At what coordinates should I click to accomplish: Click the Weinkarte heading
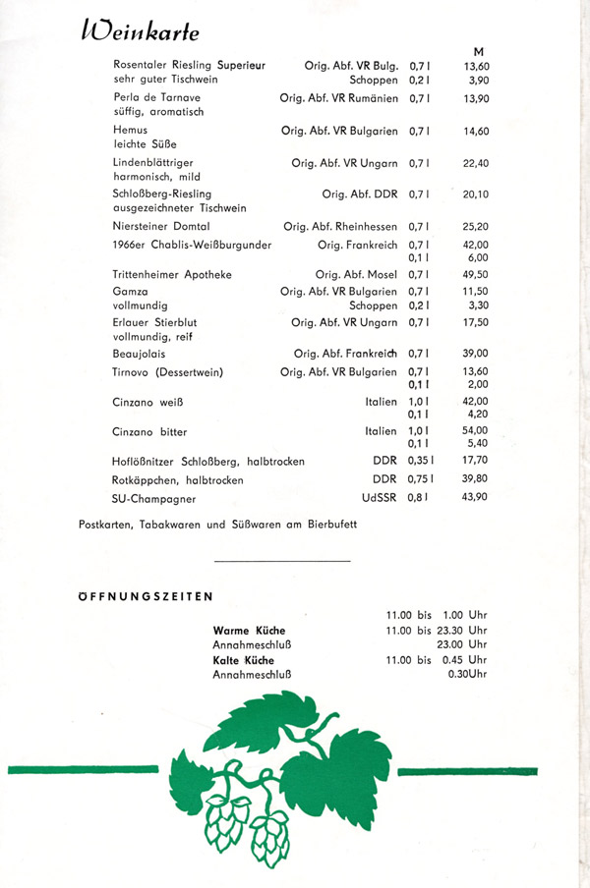coord(141,31)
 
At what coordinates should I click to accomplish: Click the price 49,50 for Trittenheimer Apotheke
coord(476,275)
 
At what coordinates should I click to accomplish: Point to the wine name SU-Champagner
coord(155,497)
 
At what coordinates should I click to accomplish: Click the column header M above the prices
coord(478,51)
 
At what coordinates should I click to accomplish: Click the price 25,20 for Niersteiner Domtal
coord(476,226)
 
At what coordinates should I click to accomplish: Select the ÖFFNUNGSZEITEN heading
coord(147,596)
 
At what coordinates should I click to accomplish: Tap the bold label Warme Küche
coord(249,630)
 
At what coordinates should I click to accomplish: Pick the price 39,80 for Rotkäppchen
coord(476,479)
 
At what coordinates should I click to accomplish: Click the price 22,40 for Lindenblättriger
coord(476,163)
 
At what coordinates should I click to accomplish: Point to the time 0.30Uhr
coord(467,675)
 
